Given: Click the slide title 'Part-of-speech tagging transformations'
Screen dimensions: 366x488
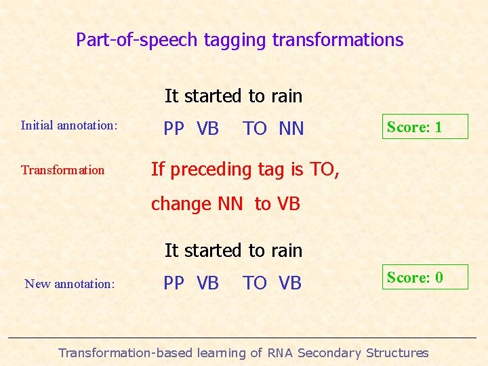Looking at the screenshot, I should (239, 40).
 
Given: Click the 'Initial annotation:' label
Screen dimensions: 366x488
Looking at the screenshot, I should (69, 125).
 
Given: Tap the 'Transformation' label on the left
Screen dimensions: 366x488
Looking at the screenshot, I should (63, 170).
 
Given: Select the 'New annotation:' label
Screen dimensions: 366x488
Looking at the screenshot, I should (69, 284).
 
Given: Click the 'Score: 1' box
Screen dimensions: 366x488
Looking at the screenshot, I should (425, 127).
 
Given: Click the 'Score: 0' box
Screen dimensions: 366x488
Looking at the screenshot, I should (425, 277).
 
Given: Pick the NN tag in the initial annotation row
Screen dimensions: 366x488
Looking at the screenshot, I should (291, 129).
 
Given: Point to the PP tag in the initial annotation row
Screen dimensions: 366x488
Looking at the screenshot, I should (174, 129).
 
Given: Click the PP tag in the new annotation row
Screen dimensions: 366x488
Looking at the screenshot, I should (174, 283).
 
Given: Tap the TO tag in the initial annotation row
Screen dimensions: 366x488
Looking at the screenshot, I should (255, 129).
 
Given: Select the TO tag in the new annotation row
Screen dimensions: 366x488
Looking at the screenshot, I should (255, 283).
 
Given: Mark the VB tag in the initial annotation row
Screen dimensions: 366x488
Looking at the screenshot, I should (207, 129).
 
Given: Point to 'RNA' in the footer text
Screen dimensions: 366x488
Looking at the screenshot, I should (281, 353).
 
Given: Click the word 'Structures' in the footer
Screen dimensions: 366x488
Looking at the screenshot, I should (396, 353).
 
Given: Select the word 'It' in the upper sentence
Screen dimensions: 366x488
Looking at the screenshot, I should (171, 96).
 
